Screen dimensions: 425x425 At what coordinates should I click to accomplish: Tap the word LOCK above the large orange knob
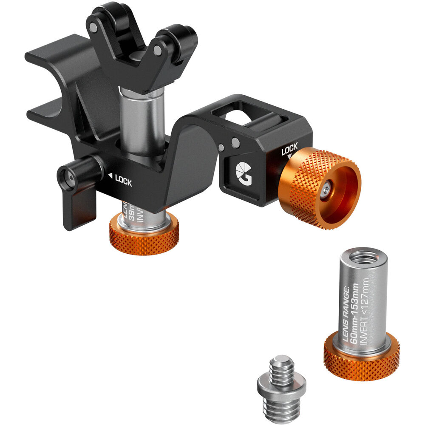(x=289, y=149)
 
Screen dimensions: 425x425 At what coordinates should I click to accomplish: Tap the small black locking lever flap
(x=79, y=210)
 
